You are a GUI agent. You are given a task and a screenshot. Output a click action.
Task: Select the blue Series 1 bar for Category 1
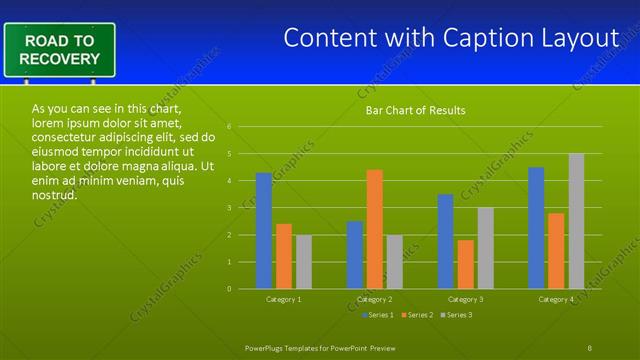(x=264, y=231)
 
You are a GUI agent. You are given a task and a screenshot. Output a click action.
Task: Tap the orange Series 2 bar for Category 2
(x=375, y=229)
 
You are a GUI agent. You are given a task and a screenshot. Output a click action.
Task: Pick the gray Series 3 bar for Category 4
(x=577, y=221)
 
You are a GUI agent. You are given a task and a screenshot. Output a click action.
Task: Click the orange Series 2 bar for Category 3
(x=466, y=264)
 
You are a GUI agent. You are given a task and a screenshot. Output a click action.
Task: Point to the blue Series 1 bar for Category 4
(x=536, y=228)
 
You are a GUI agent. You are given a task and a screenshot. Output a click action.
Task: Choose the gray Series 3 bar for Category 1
(x=304, y=262)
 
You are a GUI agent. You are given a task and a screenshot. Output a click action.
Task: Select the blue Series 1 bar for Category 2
(x=355, y=255)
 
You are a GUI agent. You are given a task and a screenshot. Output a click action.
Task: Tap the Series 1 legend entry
(x=377, y=315)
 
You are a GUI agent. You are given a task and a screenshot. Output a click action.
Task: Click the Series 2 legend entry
(x=417, y=315)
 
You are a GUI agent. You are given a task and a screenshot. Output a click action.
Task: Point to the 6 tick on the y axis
(x=230, y=127)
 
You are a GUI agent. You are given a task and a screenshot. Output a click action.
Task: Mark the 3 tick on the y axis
(x=230, y=208)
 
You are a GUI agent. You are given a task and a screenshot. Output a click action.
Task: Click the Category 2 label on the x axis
(x=375, y=299)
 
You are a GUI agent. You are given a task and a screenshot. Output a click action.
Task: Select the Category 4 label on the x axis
(x=556, y=299)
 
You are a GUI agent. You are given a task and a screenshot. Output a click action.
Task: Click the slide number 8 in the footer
(x=590, y=347)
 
